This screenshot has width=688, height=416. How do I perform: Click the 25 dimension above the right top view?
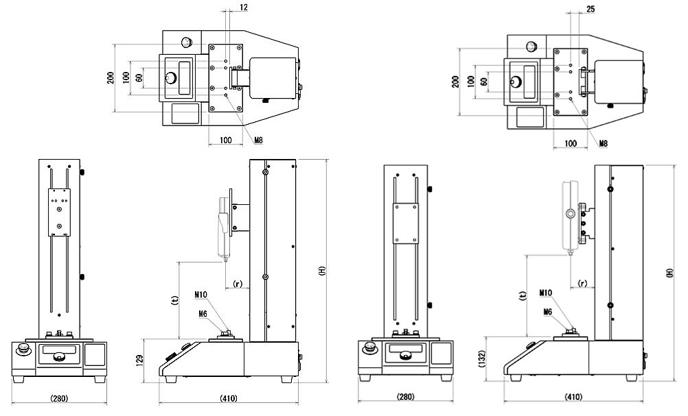(591, 8)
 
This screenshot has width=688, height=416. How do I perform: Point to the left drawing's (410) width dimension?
(229, 397)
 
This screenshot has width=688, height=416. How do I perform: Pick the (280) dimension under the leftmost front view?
(58, 397)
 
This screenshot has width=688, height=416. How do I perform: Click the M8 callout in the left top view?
(258, 140)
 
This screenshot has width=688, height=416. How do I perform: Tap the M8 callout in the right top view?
(603, 143)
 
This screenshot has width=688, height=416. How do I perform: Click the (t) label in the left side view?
(173, 299)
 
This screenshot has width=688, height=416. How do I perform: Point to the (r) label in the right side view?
(582, 282)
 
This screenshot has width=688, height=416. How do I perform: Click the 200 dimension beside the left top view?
(111, 77)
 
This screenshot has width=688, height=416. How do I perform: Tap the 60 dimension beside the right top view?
(484, 81)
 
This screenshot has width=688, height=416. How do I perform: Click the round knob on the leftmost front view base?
(25, 350)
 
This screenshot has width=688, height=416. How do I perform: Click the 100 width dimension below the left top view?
(225, 140)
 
